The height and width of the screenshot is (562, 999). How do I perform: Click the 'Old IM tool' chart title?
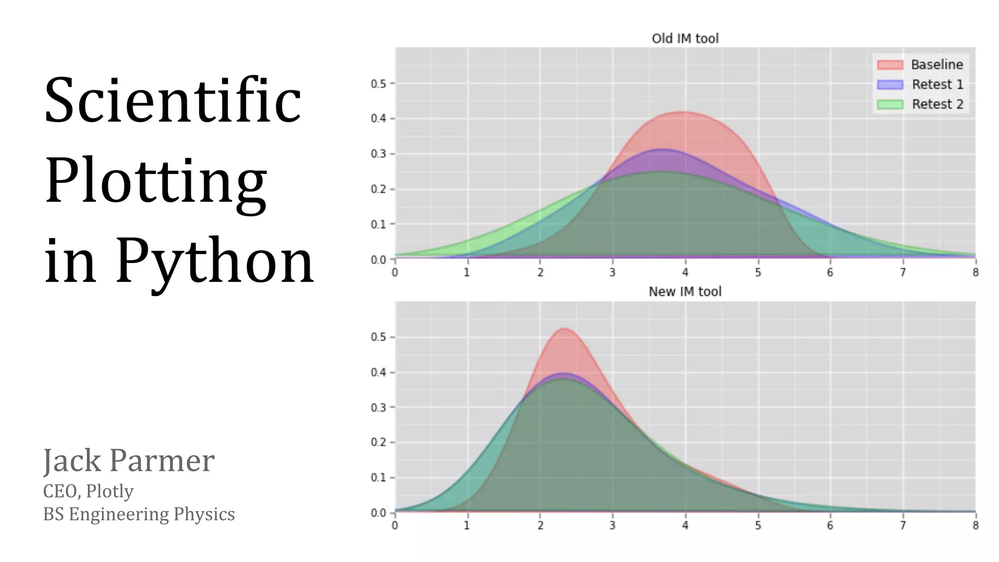[685, 39]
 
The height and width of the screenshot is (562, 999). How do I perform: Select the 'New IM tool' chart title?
[685, 292]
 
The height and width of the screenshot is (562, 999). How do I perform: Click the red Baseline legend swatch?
[890, 65]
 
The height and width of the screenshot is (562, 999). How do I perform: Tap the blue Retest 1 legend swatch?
[890, 84]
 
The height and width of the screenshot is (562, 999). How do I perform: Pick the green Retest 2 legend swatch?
[890, 104]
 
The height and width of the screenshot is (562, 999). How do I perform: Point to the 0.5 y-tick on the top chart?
[379, 84]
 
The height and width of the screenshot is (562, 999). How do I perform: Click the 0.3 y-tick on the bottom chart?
[379, 407]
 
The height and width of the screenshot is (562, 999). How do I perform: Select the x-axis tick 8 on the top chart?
[975, 272]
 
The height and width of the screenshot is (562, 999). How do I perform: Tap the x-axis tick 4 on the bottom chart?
[685, 525]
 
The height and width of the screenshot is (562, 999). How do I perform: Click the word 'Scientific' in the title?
[173, 101]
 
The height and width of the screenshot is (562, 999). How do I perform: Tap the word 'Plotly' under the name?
[110, 491]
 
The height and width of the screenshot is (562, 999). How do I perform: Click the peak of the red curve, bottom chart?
[564, 328]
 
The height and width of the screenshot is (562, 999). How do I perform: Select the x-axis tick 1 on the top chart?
[467, 272]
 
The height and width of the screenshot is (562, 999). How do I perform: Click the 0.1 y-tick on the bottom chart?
[379, 478]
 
